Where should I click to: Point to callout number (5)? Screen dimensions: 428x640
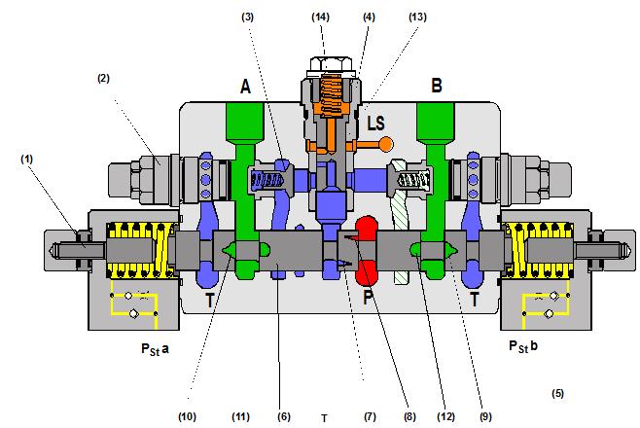(557, 394)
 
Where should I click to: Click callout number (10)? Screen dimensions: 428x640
(188, 415)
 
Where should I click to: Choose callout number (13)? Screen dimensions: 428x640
(417, 17)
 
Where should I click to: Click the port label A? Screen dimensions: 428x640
(246, 87)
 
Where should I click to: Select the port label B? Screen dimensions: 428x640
(437, 87)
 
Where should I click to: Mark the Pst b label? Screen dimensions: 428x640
(527, 347)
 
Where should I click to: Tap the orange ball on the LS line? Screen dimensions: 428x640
(386, 145)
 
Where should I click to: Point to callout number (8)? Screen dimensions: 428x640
(408, 415)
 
